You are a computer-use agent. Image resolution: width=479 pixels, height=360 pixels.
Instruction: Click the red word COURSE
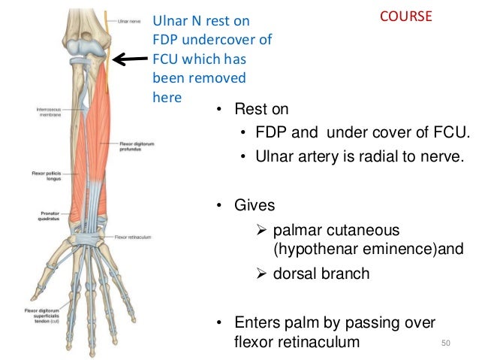click(405, 17)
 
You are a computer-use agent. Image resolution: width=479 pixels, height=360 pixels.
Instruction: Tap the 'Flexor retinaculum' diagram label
click(134, 237)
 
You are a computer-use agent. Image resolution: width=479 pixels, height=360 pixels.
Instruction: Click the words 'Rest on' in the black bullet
click(262, 110)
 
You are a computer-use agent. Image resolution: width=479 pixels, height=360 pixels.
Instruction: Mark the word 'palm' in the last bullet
click(318, 322)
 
